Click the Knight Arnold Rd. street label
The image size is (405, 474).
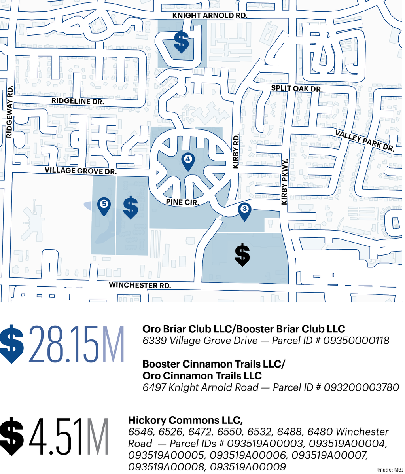tap(210, 15)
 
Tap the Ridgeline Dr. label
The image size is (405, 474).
tap(78, 101)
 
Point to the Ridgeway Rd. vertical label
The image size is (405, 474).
tap(10, 112)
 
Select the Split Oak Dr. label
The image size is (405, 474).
tap(297, 89)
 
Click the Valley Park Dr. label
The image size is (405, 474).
tap(365, 141)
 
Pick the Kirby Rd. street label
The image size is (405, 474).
tap(236, 152)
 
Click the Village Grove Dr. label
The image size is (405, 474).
tap(80, 171)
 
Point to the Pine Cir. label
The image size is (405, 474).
tap(182, 202)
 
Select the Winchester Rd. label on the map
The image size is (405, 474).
tap(140, 285)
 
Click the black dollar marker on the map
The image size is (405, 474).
tap(242, 254)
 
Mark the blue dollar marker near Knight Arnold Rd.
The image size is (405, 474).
tap(182, 41)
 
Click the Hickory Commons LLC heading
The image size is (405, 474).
tap(185, 420)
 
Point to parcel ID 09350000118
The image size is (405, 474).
tap(356, 341)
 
